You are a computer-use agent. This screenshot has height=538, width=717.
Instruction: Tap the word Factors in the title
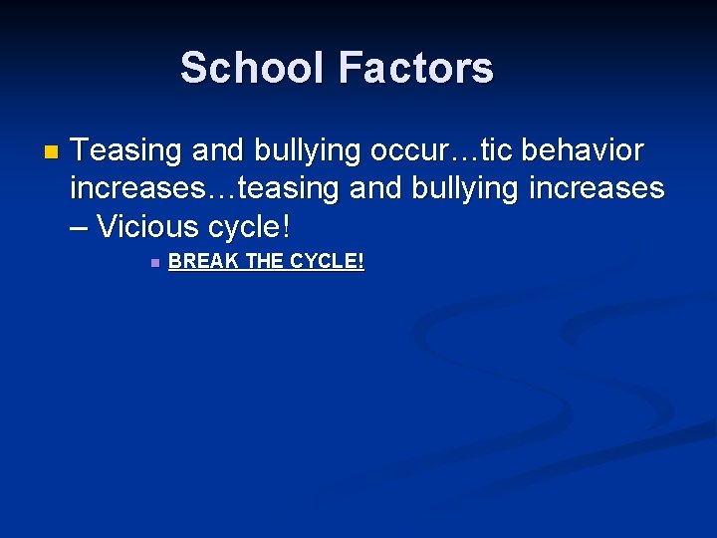416,69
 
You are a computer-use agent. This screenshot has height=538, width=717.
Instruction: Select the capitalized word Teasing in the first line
126,152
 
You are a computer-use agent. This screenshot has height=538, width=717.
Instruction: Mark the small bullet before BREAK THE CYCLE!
153,263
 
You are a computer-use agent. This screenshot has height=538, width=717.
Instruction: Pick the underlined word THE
264,262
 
